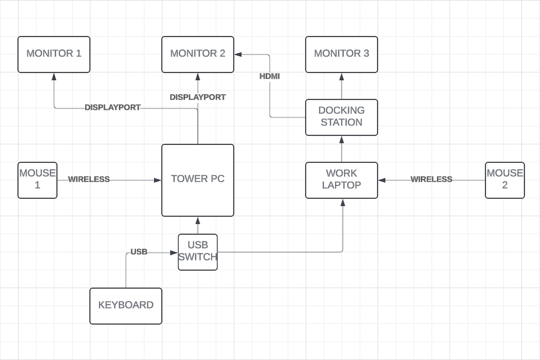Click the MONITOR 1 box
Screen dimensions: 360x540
pyautogui.click(x=54, y=55)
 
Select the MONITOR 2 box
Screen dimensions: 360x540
pyautogui.click(x=198, y=55)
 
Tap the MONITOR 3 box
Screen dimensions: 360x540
pyautogui.click(x=342, y=55)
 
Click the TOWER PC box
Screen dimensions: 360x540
pyautogui.click(x=198, y=180)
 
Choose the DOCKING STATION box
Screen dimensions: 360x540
pyautogui.click(x=342, y=117)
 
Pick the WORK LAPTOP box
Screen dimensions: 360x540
pyautogui.click(x=342, y=180)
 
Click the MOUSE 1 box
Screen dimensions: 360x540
pyautogui.click(x=37, y=180)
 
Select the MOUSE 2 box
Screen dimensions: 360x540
pyautogui.click(x=505, y=180)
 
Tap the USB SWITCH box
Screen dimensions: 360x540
pyautogui.click(x=198, y=252)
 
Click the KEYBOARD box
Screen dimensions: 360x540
pyautogui.click(x=126, y=305)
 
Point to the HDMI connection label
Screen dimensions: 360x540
pyautogui.click(x=270, y=77)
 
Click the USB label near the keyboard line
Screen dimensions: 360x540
pyautogui.click(x=139, y=252)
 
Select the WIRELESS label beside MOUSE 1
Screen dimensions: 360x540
pyautogui.click(x=89, y=179)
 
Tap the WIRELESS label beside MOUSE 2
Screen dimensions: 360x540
pyautogui.click(x=431, y=179)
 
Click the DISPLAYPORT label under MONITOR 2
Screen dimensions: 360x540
pyautogui.click(x=198, y=97)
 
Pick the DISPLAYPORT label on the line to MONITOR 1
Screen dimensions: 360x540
pyautogui.click(x=113, y=108)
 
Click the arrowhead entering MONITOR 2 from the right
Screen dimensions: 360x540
pyautogui.click(x=238, y=55)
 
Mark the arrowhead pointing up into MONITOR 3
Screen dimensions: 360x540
pyautogui.click(x=342, y=76)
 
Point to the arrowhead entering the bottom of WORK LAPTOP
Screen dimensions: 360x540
pyautogui.click(x=342, y=202)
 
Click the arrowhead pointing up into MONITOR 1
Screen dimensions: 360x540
pyautogui.click(x=54, y=76)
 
